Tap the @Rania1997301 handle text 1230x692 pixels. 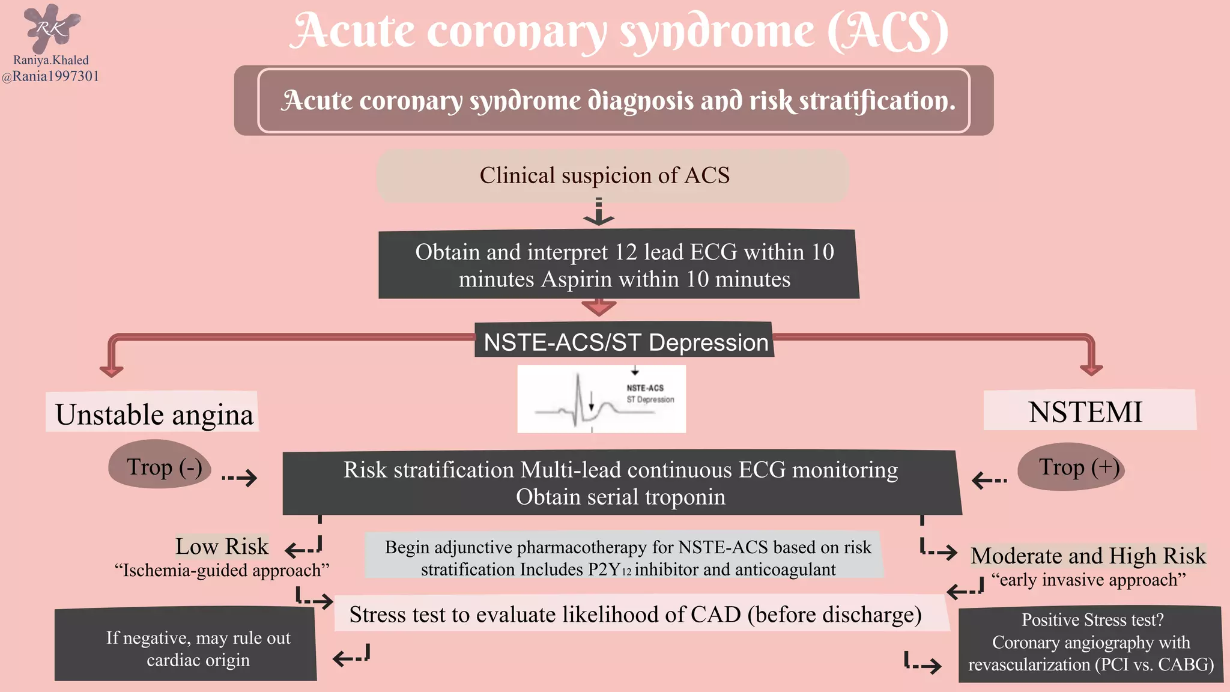click(x=50, y=76)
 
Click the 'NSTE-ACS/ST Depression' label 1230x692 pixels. click(x=625, y=342)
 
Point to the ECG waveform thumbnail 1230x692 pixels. click(x=601, y=399)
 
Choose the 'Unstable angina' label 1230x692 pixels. click(x=154, y=414)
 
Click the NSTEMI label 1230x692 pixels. click(x=1085, y=411)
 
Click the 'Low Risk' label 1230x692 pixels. click(x=222, y=546)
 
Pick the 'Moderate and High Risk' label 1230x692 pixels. click(x=1088, y=556)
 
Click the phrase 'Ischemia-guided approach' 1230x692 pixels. click(x=222, y=570)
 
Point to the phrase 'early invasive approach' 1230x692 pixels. click(x=1088, y=580)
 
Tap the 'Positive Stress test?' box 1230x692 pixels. click(x=1091, y=642)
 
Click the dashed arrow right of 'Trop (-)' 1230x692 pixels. click(x=240, y=478)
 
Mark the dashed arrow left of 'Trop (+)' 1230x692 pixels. click(x=989, y=479)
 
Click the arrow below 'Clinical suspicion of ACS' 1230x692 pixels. click(x=599, y=213)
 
